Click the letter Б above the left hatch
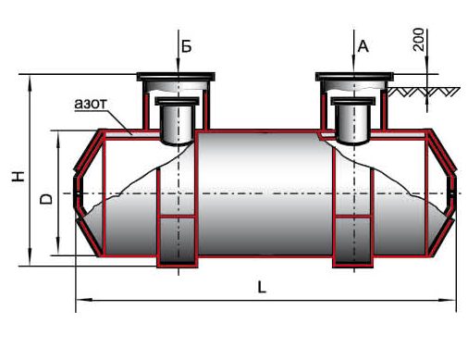(186, 46)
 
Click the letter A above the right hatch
(363, 46)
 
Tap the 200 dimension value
(418, 40)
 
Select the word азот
(91, 104)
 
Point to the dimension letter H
(18, 176)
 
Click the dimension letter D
(46, 199)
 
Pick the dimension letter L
(262, 287)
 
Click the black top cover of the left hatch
(176, 77)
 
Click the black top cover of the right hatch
(354, 77)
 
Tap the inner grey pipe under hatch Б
(177, 121)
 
